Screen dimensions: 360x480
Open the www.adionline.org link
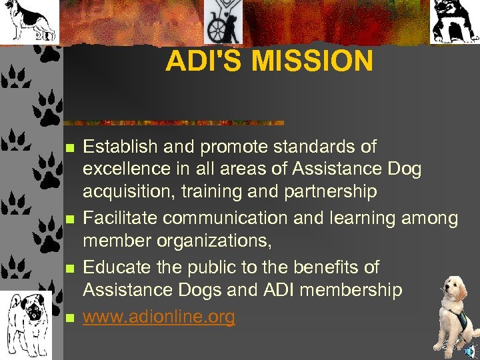(159, 317)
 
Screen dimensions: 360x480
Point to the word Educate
(114, 267)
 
